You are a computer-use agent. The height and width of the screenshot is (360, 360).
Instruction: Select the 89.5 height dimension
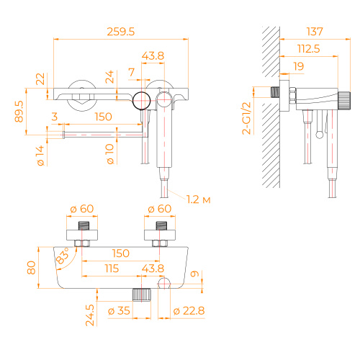click(19, 112)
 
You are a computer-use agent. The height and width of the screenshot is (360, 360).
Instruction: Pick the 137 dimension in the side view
click(315, 32)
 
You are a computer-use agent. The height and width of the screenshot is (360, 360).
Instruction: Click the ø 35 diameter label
click(119, 311)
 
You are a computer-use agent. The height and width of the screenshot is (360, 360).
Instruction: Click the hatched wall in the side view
click(269, 108)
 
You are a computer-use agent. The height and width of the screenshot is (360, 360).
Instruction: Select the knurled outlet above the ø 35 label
click(142, 294)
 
